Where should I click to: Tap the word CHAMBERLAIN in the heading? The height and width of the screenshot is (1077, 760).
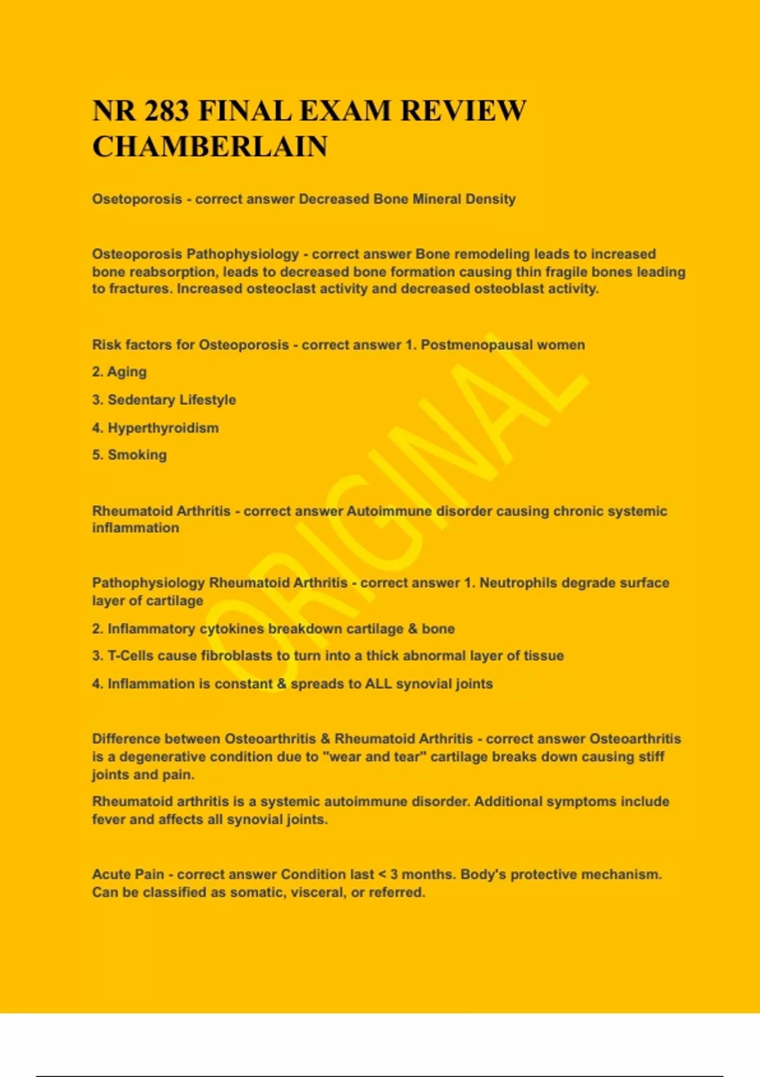tap(210, 147)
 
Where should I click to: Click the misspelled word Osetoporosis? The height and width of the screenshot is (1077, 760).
tap(137, 199)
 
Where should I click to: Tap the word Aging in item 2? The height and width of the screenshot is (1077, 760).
tap(127, 372)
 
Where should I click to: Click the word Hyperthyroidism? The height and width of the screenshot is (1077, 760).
tap(163, 428)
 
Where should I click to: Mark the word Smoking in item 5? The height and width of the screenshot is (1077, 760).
tap(137, 455)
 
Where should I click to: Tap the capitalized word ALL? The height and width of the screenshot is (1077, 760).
tap(378, 684)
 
